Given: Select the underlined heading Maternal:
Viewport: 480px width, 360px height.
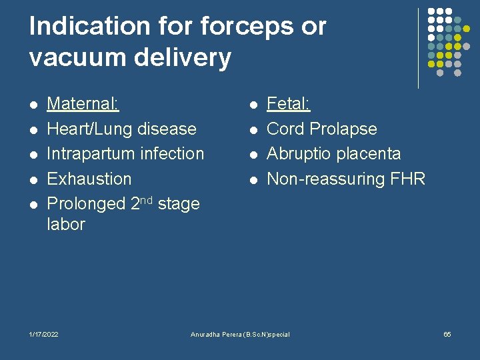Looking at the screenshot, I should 83,103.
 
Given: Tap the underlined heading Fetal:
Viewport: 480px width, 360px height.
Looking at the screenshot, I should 289,103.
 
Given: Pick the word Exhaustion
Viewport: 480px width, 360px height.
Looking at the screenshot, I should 89,179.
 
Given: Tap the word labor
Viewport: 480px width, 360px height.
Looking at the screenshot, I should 66,225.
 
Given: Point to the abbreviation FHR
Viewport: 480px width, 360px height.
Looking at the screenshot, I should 407,179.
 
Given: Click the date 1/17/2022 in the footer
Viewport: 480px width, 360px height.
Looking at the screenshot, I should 44,334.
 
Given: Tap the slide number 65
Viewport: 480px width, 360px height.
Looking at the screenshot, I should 447,334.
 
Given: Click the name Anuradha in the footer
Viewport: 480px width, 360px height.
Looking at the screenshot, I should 208,334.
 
